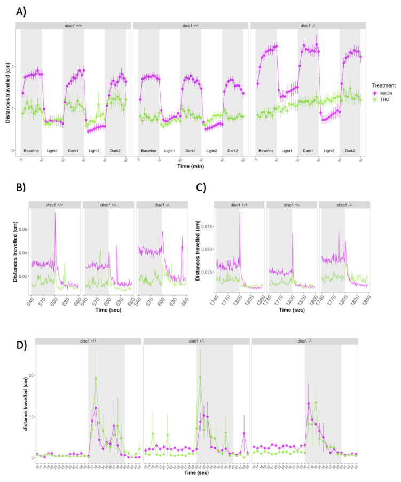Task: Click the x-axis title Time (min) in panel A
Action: tap(192, 166)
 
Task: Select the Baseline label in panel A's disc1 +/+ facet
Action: tap(31, 144)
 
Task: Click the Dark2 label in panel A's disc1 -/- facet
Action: tap(350, 144)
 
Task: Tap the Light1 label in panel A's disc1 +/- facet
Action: tap(169, 144)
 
